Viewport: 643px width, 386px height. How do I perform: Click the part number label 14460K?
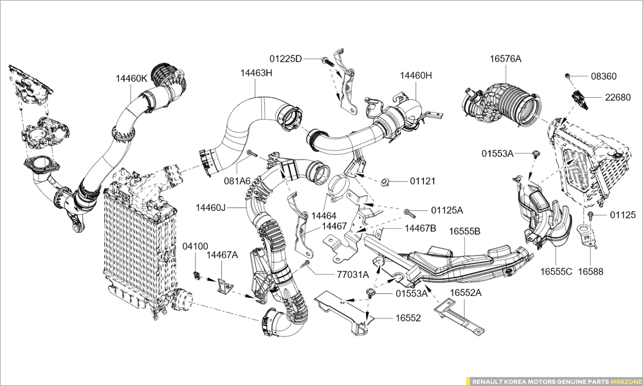tap(131, 78)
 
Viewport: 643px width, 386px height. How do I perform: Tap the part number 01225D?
tap(285, 59)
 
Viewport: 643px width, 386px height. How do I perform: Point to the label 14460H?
tap(415, 75)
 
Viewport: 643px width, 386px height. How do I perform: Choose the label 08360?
tap(603, 76)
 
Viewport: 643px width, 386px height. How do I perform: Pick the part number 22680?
tap(617, 97)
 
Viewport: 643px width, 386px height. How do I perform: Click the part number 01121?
tap(422, 181)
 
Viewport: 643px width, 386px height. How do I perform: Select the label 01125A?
tap(446, 210)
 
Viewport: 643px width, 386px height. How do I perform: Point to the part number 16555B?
tap(464, 232)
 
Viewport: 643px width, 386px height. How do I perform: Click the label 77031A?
tap(352, 274)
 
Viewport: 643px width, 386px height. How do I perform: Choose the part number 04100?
tap(195, 246)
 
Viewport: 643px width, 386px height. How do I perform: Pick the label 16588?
tap(590, 271)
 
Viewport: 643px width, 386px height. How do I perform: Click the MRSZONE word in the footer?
tap(624, 381)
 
